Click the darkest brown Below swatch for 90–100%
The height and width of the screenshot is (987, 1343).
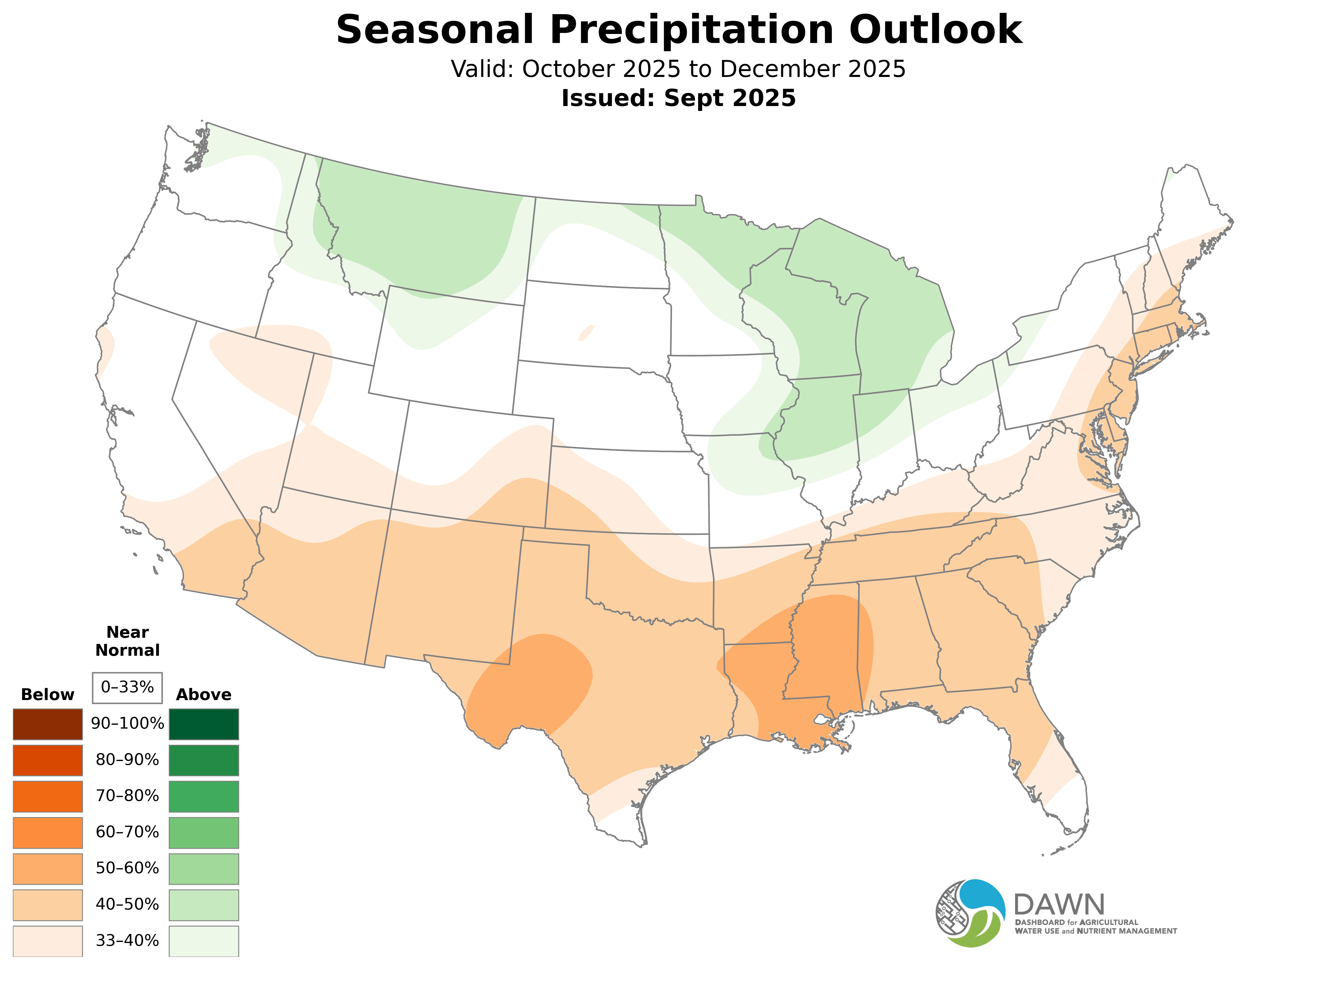click(x=48, y=723)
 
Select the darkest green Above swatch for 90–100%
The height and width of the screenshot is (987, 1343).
click(x=204, y=723)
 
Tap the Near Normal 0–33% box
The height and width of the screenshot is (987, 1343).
click(x=127, y=687)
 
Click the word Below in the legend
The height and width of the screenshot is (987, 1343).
click(x=48, y=694)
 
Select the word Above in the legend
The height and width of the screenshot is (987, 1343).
click(x=204, y=694)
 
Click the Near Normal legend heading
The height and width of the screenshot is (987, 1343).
click(x=127, y=641)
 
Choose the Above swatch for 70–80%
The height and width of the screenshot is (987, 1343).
click(x=204, y=796)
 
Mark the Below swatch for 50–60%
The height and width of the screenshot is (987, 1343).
click(x=48, y=868)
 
